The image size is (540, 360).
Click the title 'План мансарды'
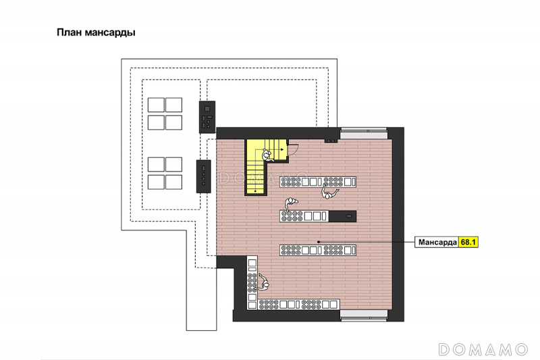(x=96, y=32)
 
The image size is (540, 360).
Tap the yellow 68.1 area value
(x=468, y=242)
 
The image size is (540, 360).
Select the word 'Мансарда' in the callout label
(x=437, y=242)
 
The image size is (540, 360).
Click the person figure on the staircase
(x=267, y=155)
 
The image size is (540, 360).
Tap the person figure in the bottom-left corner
(x=263, y=282)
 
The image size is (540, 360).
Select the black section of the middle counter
(x=342, y=216)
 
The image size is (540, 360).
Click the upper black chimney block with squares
(x=207, y=117)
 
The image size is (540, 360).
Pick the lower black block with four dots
(x=204, y=176)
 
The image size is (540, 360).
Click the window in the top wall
(x=364, y=133)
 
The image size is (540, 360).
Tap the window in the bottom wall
(x=364, y=315)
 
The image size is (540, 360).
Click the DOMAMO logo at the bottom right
(x=483, y=349)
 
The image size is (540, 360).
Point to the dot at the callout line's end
(x=319, y=242)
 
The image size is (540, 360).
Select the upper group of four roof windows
(x=165, y=113)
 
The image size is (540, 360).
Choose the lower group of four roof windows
(x=165, y=174)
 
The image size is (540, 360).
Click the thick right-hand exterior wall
(x=398, y=224)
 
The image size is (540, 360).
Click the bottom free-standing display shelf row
(x=318, y=250)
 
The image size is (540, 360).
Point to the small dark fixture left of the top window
(x=331, y=140)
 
